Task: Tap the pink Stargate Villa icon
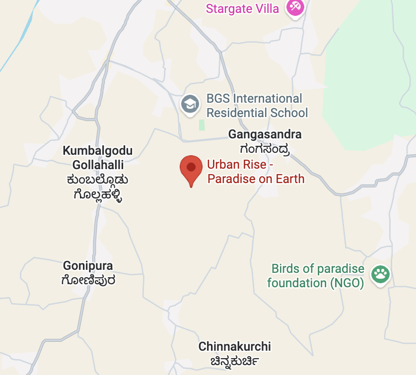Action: (295, 7)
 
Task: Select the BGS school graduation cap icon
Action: (190, 104)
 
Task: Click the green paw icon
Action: (381, 274)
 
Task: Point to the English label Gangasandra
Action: (265, 134)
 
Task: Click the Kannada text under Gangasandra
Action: (264, 148)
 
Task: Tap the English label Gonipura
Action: (88, 266)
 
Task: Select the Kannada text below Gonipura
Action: (88, 280)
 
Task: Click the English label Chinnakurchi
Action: (235, 346)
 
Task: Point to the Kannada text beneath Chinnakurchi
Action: (228, 361)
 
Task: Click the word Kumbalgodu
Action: (98, 151)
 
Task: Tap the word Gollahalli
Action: (98, 165)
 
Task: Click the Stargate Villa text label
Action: (242, 8)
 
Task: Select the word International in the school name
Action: (268, 99)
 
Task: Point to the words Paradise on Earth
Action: (256, 178)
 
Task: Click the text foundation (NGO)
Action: (315, 283)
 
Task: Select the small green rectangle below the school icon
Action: (202, 125)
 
